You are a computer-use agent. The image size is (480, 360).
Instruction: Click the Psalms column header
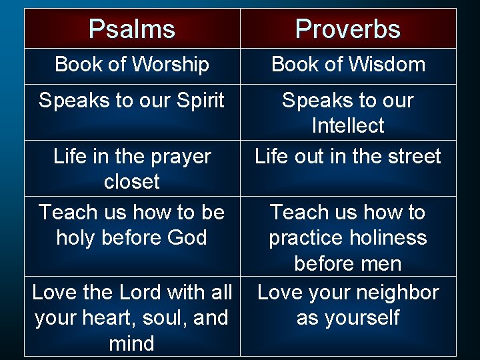click(x=132, y=29)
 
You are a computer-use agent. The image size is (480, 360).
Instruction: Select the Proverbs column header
click(x=348, y=29)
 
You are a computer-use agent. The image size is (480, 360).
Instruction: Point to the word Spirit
click(x=201, y=101)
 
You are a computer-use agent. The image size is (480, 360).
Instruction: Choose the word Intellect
click(x=348, y=126)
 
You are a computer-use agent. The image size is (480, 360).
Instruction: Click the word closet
click(x=132, y=182)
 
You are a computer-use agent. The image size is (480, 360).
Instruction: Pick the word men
click(x=383, y=264)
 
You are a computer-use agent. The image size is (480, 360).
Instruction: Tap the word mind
click(x=132, y=344)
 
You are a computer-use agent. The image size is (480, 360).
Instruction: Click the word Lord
click(x=143, y=293)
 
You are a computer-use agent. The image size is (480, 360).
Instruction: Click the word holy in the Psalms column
click(x=78, y=238)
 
